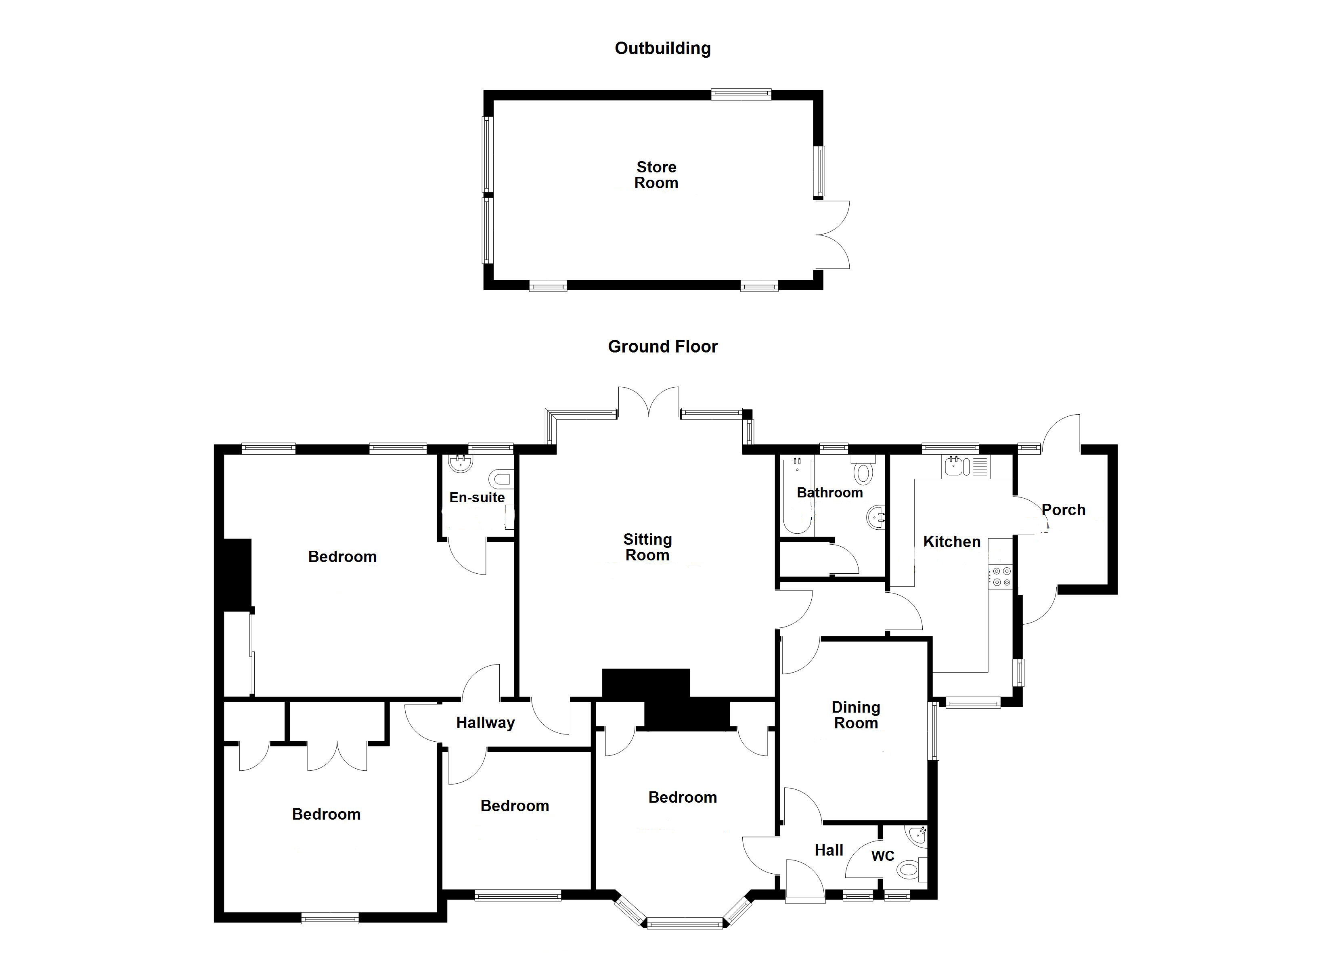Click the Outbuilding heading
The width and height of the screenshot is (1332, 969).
(662, 48)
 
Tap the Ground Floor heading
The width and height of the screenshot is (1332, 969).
(662, 347)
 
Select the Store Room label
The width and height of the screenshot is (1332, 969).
(656, 175)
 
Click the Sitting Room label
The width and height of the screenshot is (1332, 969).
(647, 547)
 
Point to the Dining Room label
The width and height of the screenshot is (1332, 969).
(856, 715)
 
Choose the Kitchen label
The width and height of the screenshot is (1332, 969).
(951, 542)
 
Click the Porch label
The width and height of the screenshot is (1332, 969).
(1063, 510)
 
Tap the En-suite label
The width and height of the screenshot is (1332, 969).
(477, 498)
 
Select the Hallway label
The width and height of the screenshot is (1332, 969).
(485, 723)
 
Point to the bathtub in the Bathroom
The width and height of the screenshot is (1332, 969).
(797, 497)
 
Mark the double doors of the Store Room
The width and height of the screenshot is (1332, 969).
(833, 235)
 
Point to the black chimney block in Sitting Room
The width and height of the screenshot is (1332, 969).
(645, 685)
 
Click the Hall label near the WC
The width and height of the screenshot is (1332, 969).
(829, 850)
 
